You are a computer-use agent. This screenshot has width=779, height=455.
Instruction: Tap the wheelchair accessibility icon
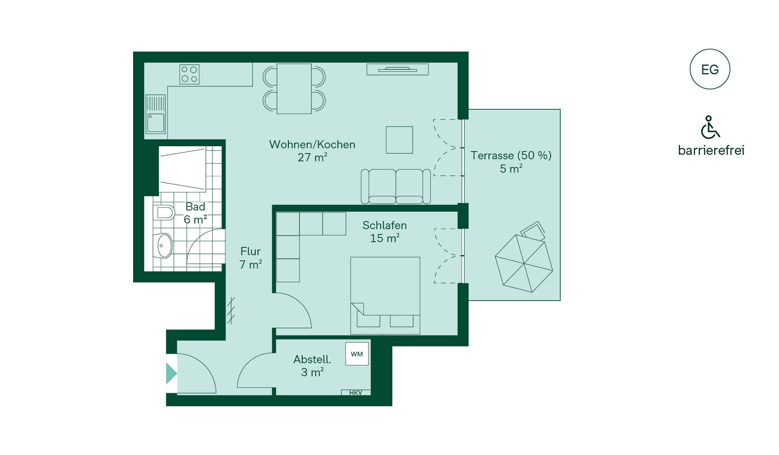[x=710, y=127]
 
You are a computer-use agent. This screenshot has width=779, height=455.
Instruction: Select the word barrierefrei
[x=711, y=150]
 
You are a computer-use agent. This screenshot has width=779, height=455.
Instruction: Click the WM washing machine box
[x=357, y=354]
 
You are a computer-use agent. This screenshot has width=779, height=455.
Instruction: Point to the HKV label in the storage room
[x=355, y=392]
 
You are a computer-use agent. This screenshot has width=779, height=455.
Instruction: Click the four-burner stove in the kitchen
[x=189, y=75]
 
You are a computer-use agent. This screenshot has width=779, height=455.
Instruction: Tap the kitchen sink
[x=155, y=114]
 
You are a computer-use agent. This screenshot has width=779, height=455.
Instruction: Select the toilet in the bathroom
[x=164, y=212]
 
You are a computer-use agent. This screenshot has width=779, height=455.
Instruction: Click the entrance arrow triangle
[x=171, y=373]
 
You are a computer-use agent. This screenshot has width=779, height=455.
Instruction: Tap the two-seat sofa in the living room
[x=396, y=186]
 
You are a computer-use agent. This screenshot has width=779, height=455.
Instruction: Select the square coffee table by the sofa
[x=399, y=140]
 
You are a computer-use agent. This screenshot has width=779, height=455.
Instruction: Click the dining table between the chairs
[x=294, y=89]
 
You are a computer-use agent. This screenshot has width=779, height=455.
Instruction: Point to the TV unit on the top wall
[x=398, y=69]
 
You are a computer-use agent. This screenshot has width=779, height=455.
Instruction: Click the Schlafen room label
[x=385, y=225]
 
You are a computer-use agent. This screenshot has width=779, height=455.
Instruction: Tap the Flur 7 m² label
[x=250, y=258]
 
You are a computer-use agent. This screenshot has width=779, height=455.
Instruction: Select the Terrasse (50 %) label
[x=511, y=156]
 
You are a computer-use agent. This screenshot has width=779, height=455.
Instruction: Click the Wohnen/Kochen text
[x=312, y=145]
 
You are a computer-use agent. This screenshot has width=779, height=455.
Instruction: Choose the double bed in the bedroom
[x=385, y=296]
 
